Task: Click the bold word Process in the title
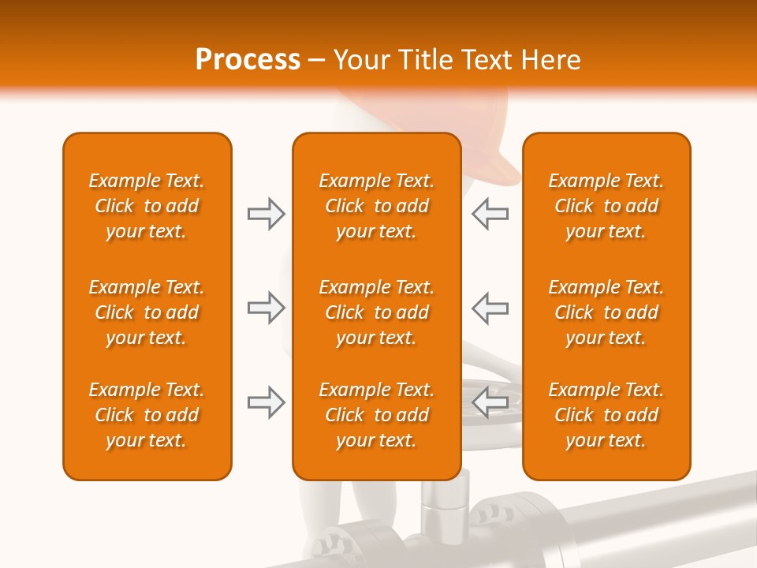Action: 248,60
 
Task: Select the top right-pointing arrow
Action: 266,214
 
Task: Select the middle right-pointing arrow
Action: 266,308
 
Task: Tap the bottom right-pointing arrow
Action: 266,403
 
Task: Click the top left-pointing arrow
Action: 490,214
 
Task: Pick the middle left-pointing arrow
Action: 490,308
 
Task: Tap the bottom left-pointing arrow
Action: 490,403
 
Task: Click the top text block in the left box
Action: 147,206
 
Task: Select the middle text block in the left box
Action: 147,312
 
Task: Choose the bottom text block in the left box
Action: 147,415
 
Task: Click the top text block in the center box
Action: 376,206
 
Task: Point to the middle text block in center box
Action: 376,312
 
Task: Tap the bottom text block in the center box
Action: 376,415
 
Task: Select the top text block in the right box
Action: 606,206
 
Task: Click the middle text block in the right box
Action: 606,312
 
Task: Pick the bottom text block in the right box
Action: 606,415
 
